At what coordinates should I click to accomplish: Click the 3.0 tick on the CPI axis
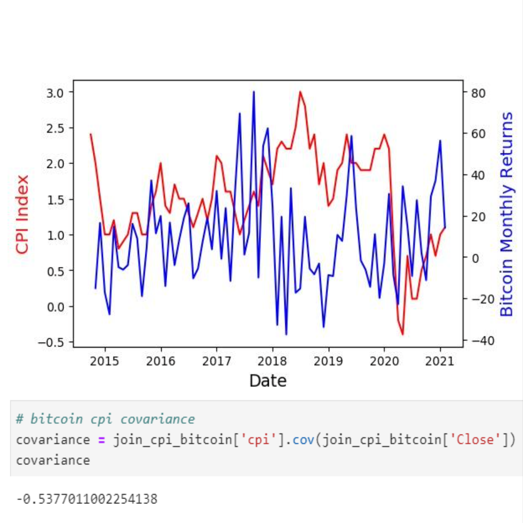point(56,92)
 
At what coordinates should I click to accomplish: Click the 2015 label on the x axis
point(104,361)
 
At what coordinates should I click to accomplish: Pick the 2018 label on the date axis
point(272,361)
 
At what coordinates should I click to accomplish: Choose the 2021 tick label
point(440,361)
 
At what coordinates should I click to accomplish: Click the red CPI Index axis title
point(22,214)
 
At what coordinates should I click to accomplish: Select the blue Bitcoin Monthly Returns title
point(507,214)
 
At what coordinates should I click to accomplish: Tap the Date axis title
point(268,381)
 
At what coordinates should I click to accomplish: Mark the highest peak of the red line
point(300,92)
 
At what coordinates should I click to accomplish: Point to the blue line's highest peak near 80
point(254,92)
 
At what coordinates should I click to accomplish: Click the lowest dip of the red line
point(403,334)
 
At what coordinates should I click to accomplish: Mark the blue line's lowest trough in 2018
point(286,334)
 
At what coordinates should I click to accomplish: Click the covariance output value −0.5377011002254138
point(87,499)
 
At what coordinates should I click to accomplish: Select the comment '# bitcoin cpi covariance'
point(105,419)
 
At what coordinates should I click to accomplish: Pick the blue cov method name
point(303,439)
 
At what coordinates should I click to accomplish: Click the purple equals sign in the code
point(101,440)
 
